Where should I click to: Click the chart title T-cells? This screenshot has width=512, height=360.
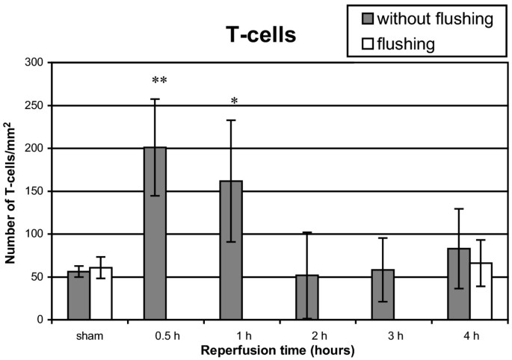coord(256,35)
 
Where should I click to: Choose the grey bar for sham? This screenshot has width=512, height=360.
coord(78,296)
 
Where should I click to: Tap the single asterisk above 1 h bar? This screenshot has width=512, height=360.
coord(234,102)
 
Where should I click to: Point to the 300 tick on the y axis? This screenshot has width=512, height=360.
coord(34,62)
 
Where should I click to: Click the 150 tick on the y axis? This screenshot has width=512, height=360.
coord(34,191)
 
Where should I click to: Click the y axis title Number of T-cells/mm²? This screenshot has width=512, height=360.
coord(11,191)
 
